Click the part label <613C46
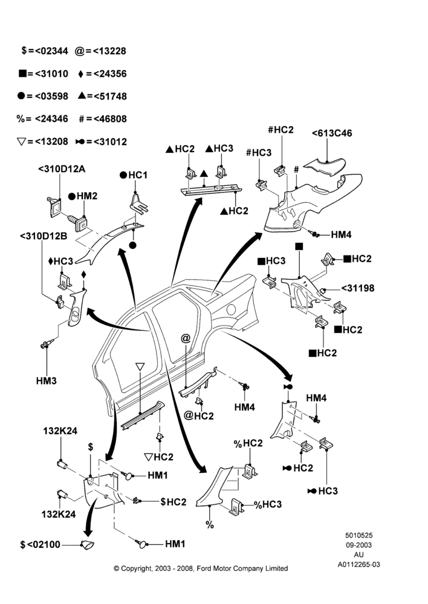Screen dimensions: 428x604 (332, 133)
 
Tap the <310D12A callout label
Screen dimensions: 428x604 (61, 169)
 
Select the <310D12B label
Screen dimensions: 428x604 (44, 236)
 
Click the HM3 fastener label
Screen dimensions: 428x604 (47, 381)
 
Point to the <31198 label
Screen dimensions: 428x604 (357, 288)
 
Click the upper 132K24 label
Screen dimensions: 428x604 (60, 431)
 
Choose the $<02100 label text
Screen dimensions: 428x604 (40, 544)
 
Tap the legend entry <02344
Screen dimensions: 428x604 (51, 51)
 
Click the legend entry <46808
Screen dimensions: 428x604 (110, 118)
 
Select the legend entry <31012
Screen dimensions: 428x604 (110, 141)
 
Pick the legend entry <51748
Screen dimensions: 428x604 (110, 96)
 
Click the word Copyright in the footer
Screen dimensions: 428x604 (136, 568)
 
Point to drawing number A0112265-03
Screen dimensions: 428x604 (358, 565)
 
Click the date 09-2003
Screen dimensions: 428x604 (358, 545)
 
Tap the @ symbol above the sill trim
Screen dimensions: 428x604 (186, 338)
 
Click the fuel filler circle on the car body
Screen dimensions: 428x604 (232, 309)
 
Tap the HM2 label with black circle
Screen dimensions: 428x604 (82, 196)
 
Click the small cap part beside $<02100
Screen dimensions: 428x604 (87, 544)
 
